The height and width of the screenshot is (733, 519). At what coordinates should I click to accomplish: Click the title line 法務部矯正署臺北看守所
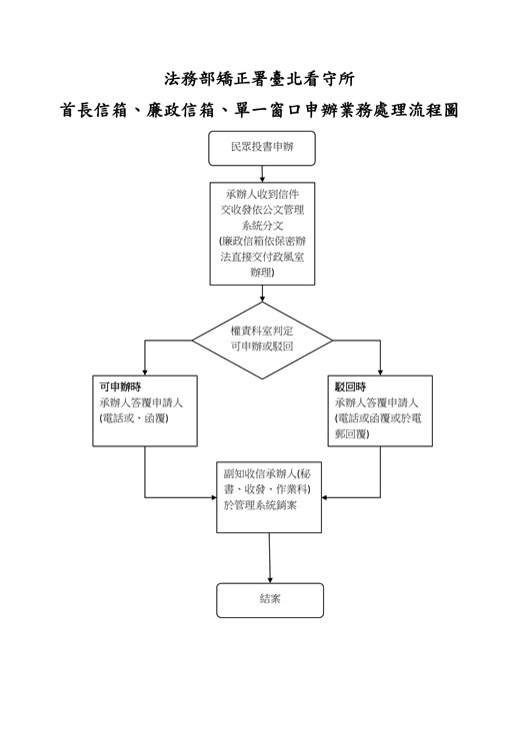pyautogui.click(x=259, y=78)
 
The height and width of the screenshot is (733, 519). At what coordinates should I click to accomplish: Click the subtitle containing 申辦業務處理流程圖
pyautogui.click(x=259, y=111)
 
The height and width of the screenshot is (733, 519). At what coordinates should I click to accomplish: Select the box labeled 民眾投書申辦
pyautogui.click(x=262, y=149)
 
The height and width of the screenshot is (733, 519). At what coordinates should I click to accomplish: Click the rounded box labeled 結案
pyautogui.click(x=270, y=599)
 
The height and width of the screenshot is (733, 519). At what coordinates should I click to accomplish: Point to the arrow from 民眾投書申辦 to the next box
pyautogui.click(x=262, y=174)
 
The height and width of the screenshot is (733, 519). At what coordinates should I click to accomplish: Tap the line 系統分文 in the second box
pyautogui.click(x=262, y=226)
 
